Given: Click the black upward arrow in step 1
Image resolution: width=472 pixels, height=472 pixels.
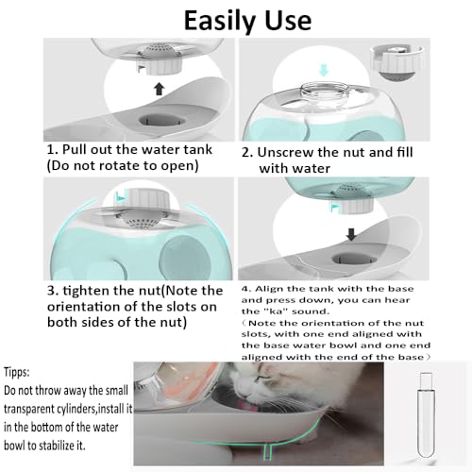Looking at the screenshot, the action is [x=160, y=89].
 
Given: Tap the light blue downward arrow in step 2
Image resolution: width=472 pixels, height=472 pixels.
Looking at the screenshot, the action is [x=323, y=70].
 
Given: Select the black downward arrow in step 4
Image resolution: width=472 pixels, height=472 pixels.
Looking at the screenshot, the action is [x=351, y=234].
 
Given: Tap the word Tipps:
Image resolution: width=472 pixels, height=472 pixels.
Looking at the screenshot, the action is [x=16, y=373].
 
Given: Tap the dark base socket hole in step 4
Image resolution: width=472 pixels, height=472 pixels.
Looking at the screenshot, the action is [x=354, y=259].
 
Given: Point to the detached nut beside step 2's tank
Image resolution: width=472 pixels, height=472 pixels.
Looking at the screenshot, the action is [x=396, y=62].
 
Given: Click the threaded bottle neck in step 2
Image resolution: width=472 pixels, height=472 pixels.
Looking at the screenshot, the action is [x=324, y=93].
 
